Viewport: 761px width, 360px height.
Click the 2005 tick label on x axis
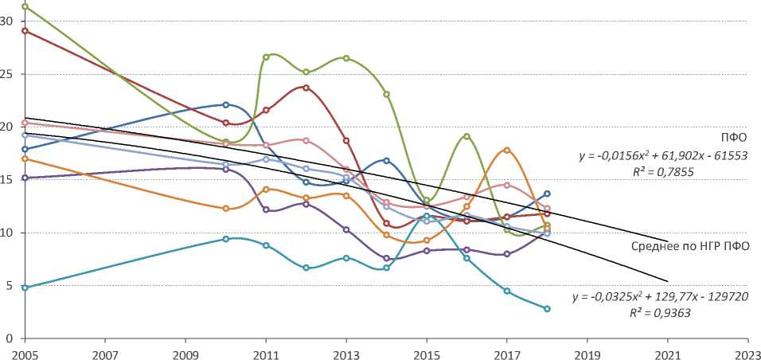coord(25,350)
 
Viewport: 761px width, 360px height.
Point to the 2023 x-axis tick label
coord(747,350)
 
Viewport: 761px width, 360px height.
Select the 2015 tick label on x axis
coord(426,350)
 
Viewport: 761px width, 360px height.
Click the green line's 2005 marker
coord(25,6)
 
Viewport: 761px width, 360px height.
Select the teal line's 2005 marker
coord(25,288)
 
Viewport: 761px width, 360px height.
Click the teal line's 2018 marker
coord(547,308)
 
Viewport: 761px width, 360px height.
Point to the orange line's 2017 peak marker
coord(507,150)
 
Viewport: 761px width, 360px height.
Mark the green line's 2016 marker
coord(466,136)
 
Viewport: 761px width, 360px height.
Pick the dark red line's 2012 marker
coord(306,88)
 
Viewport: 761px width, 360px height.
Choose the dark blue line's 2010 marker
coord(225,104)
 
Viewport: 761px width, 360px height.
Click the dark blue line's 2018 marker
coord(547,194)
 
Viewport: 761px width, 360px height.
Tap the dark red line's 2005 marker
coord(25,31)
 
